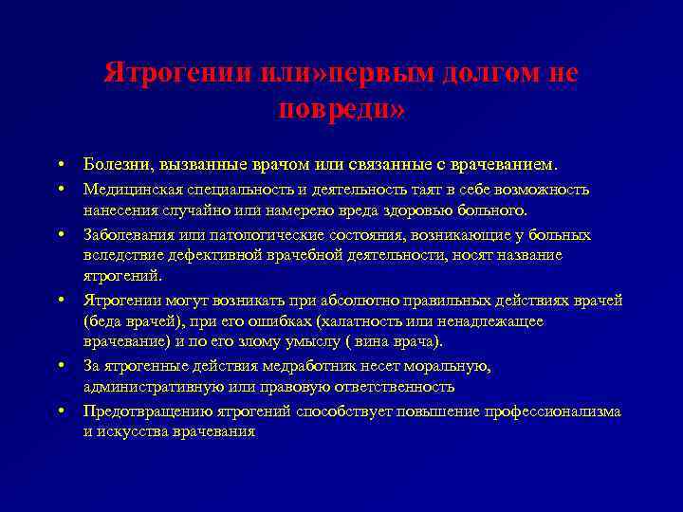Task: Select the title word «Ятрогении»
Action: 178,72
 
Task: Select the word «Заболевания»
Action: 128,235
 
